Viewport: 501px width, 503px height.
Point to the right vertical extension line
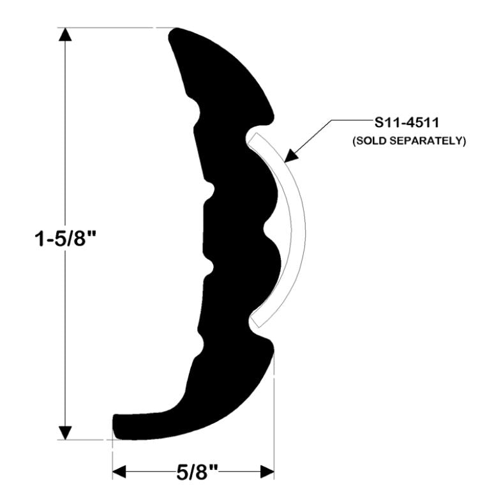(x=274, y=415)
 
